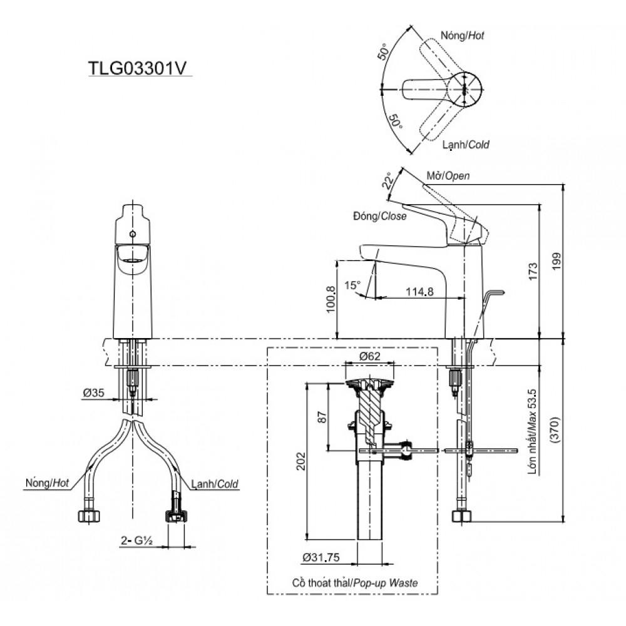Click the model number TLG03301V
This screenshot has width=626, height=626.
(137, 68)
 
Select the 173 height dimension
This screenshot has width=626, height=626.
(532, 272)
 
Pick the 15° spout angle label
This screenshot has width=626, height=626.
(352, 285)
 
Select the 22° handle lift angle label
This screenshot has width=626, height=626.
(387, 182)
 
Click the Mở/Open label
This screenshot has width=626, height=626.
(448, 176)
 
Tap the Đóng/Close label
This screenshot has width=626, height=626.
(379, 217)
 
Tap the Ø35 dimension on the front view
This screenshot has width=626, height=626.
(93, 394)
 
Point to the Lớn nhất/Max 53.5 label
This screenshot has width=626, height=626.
(532, 433)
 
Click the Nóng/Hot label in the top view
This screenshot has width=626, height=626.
(463, 36)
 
